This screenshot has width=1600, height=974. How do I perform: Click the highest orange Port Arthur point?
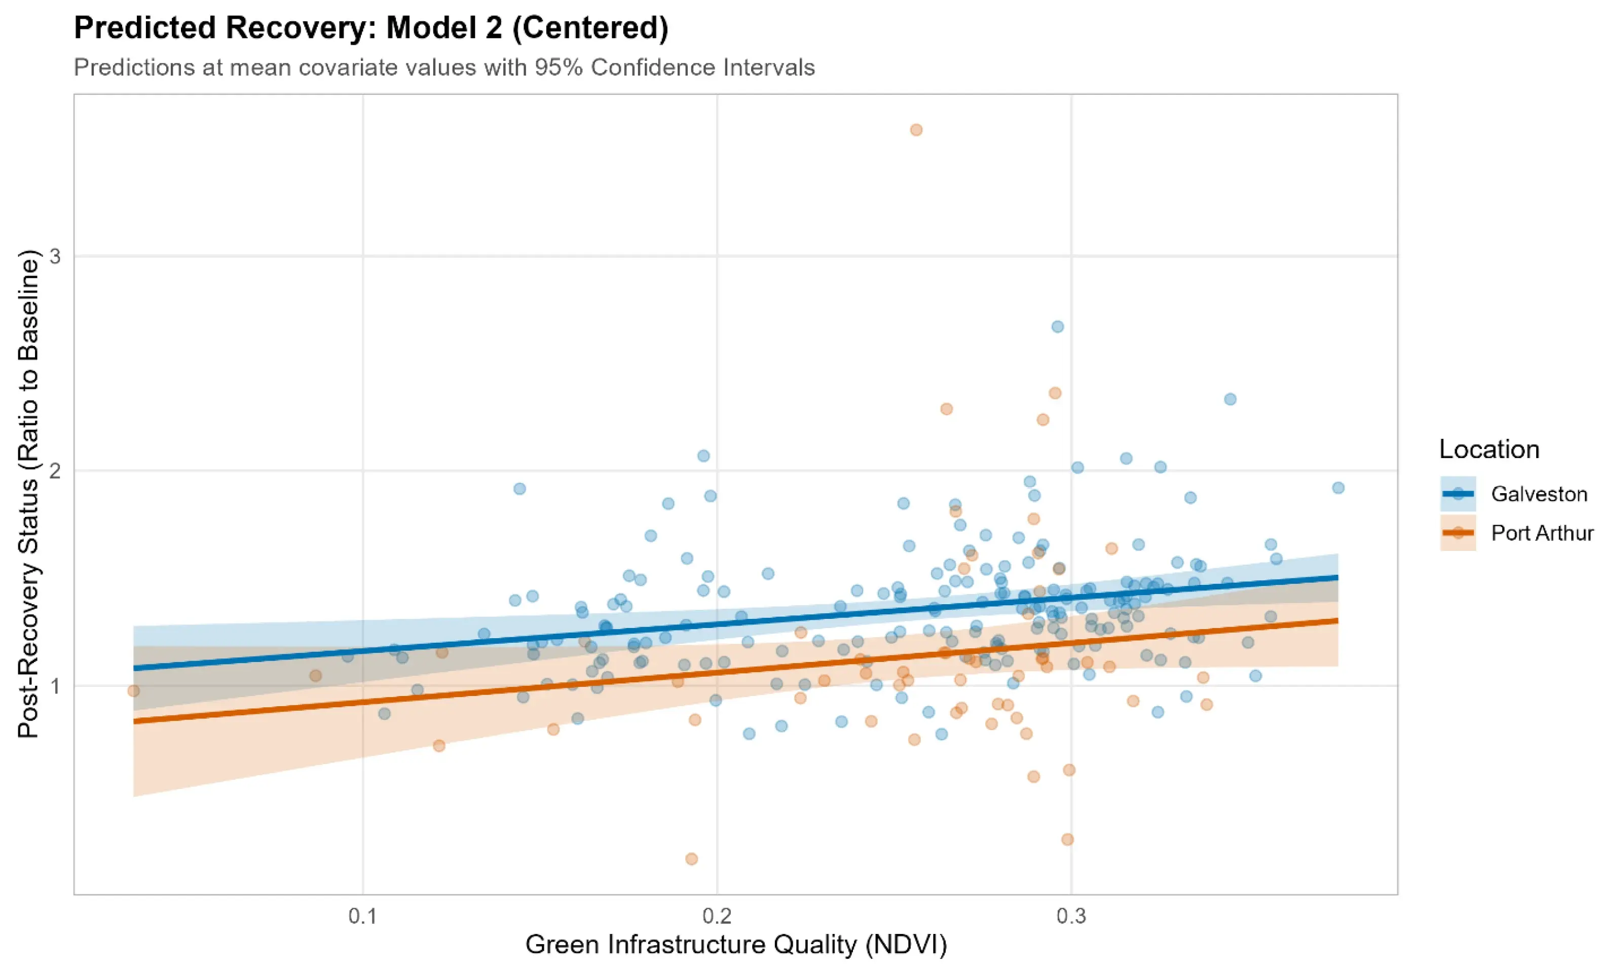coord(916,130)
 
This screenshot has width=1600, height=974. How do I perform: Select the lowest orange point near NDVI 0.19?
coord(692,859)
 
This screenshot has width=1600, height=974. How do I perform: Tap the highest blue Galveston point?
coord(1058,327)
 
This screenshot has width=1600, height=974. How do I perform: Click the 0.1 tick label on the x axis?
coord(362,916)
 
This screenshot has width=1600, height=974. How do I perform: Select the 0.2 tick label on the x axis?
coord(717,916)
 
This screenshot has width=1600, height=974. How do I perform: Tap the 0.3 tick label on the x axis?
coord(1071,916)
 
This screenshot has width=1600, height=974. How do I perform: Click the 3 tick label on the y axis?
coord(55,257)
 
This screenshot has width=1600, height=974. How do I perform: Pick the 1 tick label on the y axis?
coord(55,685)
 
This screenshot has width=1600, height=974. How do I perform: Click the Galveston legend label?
coord(1539,494)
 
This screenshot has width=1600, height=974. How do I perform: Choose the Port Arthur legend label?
coord(1542,533)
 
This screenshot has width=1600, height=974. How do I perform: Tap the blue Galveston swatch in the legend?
coord(1458,494)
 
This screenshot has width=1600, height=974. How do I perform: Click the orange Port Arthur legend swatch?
coord(1458,533)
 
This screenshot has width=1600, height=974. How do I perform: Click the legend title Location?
coord(1489,449)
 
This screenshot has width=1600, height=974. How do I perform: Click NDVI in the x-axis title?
coord(905,945)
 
